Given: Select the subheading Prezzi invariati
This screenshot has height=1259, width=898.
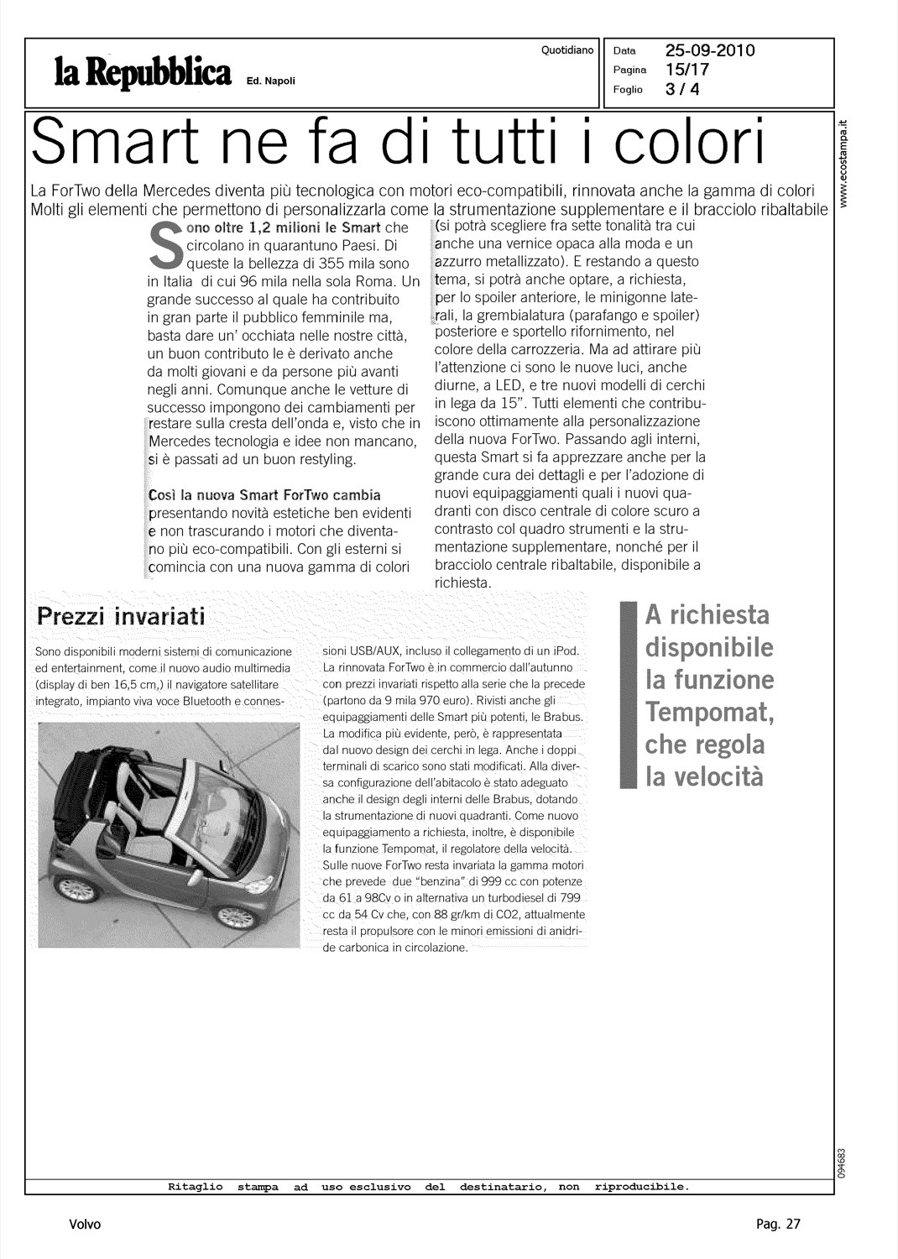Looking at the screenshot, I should [x=122, y=619].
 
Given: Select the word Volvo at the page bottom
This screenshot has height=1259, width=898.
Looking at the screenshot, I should [x=85, y=1224].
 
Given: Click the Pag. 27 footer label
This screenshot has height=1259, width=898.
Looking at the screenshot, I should [x=778, y=1224].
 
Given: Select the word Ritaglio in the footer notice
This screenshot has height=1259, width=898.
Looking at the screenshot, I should [x=195, y=1187].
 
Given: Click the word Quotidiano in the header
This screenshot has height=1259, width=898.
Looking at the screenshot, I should [x=567, y=50].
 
